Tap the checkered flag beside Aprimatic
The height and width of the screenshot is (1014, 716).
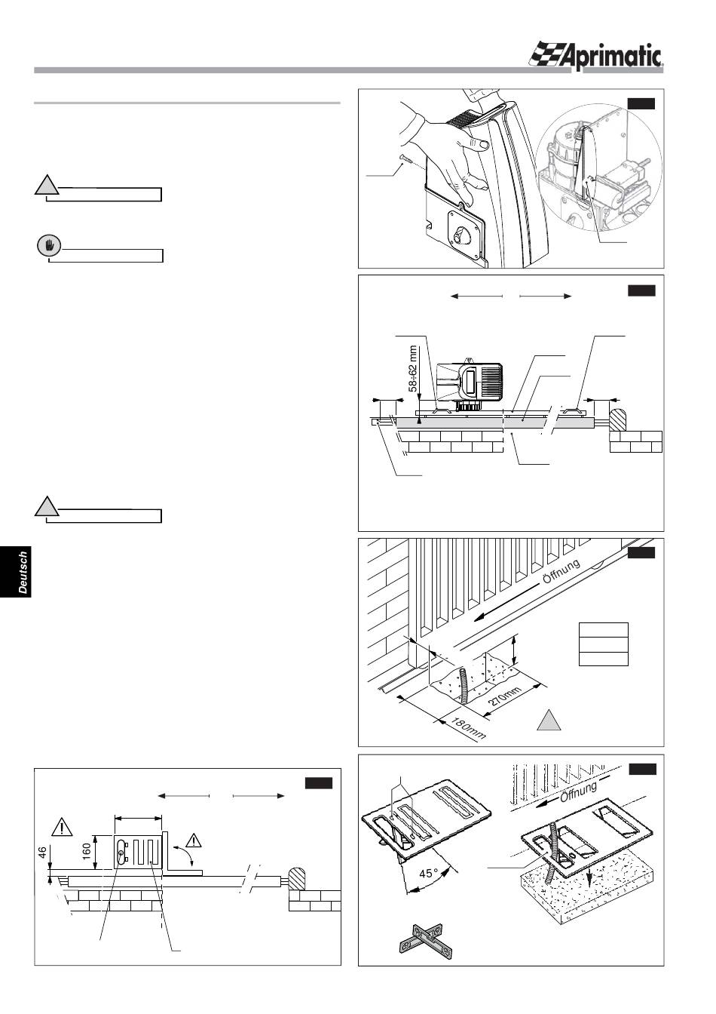pyautogui.click(x=551, y=55)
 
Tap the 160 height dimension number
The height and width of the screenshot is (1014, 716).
pyautogui.click(x=87, y=850)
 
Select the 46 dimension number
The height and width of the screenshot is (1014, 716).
pyautogui.click(x=43, y=854)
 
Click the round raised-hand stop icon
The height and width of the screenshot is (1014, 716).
pyautogui.click(x=49, y=245)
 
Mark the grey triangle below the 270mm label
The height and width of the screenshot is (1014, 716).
pyautogui.click(x=550, y=720)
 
